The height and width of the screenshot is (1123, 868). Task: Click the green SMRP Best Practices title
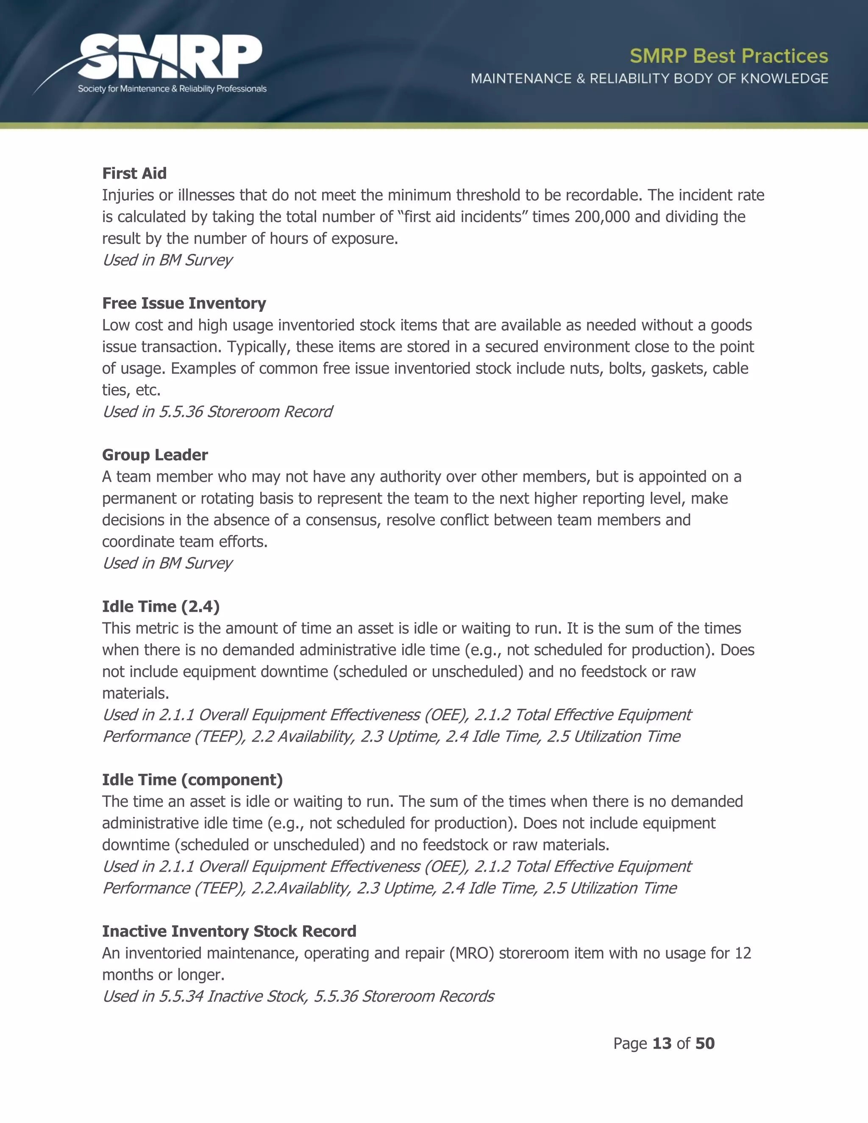729,56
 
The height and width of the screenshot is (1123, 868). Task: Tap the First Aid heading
134,173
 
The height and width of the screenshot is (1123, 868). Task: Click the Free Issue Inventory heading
184,303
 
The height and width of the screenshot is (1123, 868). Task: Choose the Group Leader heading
155,455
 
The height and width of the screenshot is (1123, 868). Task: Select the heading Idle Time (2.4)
161,607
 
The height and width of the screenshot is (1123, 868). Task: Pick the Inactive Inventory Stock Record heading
229,931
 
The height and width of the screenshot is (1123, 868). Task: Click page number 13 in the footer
662,1043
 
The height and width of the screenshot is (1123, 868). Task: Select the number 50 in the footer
705,1043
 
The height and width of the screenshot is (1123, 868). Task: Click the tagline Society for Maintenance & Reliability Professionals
172,89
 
